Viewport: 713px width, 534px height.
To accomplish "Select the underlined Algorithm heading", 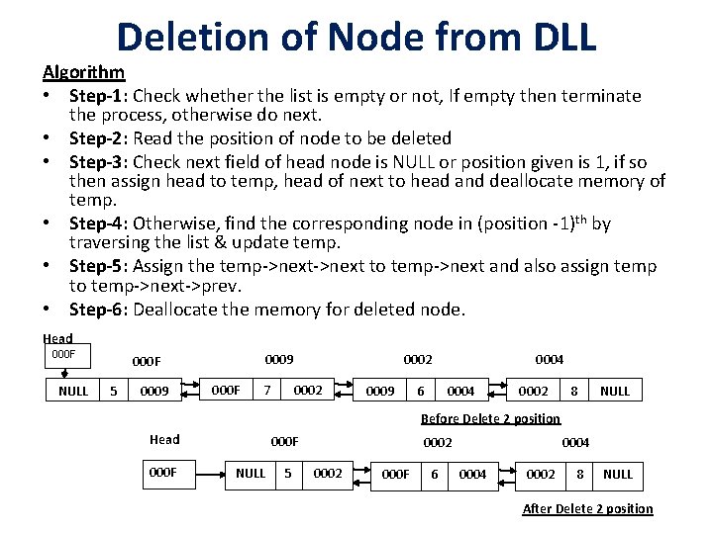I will pos(83,72).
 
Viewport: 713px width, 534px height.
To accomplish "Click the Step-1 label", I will pos(98,96).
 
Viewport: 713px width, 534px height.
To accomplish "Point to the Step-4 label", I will pos(98,222).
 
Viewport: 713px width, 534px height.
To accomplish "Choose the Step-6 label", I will pos(98,309).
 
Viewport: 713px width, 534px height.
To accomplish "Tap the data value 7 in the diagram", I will pos(266,391).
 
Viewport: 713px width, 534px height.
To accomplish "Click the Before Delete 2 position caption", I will pos(490,418).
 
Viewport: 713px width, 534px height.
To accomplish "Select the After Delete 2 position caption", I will pos(587,508).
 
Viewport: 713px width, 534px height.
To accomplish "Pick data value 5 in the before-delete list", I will pos(116,391).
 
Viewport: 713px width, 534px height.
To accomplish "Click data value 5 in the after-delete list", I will pos(288,474).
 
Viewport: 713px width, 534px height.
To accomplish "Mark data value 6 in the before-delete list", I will pos(421,391).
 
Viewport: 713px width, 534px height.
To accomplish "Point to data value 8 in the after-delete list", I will pos(579,474).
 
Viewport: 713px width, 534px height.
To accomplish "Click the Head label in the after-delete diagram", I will pos(164,439).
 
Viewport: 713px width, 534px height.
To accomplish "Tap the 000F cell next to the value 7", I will pos(227,391).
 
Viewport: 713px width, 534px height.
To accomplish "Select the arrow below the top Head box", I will pos(64,373).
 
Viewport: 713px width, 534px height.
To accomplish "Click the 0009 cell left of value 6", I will pos(380,391).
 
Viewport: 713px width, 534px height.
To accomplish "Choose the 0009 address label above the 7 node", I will pos(279,360).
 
